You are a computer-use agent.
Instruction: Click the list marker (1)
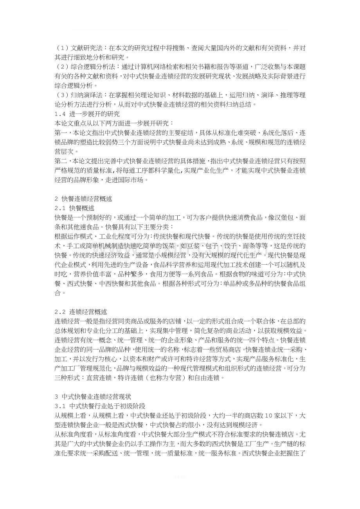[62, 48]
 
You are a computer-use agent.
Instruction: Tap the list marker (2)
[62, 67]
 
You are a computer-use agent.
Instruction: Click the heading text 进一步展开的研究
[89, 114]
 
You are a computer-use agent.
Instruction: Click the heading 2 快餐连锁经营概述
[83, 199]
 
